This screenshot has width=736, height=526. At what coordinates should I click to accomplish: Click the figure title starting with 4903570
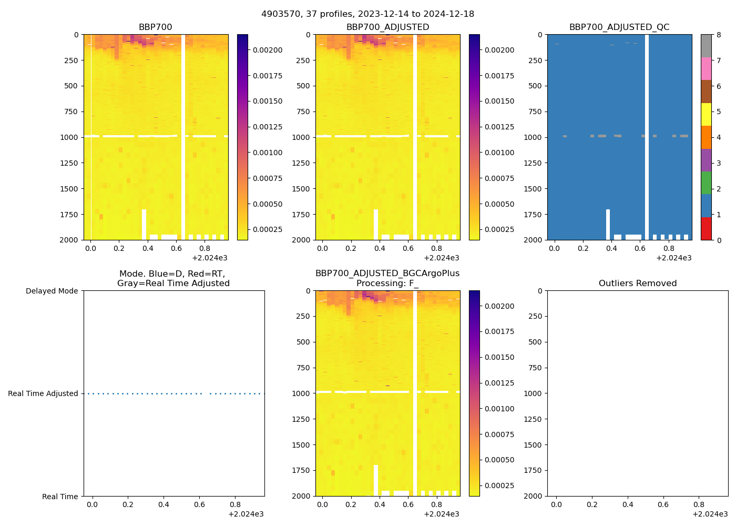pos(367,14)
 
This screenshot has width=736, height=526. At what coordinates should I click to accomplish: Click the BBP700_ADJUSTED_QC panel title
pos(619,27)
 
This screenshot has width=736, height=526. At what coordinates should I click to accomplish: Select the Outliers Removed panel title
pos(637,284)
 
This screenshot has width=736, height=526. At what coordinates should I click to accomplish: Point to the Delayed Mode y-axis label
pos(52,291)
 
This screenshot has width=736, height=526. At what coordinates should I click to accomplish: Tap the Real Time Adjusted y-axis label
pos(43,393)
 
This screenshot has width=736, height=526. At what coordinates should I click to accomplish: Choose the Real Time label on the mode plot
pos(60,497)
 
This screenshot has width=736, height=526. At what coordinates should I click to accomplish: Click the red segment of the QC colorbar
pos(706,228)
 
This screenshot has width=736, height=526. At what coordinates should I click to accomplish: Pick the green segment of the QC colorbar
pos(706,183)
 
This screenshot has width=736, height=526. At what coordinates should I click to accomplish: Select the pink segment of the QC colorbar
pos(706,68)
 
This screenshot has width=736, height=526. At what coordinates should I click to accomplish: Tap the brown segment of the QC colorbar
pos(706,92)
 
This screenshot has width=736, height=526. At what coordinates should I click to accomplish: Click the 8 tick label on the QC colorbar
pos(719,35)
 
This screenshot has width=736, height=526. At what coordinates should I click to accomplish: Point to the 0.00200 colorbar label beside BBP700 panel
pos(268,50)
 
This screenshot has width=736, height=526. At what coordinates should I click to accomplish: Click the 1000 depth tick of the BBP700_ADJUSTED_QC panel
pos(535,137)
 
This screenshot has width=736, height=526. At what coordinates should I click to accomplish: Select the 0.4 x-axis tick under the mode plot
pos(163,505)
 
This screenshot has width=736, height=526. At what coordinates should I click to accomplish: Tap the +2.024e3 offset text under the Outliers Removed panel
pos(710,514)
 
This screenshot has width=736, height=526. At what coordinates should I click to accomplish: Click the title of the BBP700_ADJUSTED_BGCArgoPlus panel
pos(387,278)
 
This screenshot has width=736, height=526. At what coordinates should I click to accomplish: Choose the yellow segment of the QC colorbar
pos(706,114)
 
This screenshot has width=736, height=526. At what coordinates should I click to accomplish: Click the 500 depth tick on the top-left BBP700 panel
pos(71,86)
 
